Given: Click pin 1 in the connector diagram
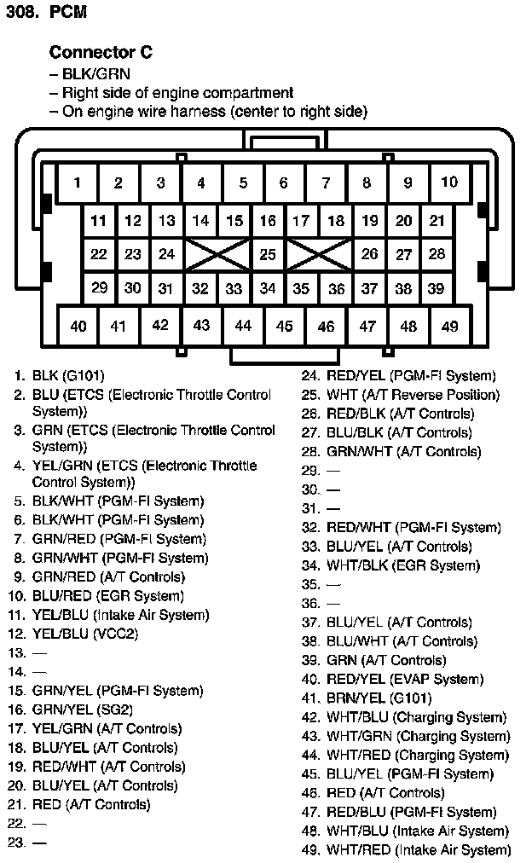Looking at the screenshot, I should coord(77,182).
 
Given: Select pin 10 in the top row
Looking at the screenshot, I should coord(449,182).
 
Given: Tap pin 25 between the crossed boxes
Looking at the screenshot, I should coord(268,253).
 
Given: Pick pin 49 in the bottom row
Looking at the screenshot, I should coord(449,326).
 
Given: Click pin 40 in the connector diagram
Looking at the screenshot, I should coord(78,326).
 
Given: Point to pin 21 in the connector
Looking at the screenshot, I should coord(437,221).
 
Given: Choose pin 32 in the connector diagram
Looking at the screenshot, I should coord(200,288).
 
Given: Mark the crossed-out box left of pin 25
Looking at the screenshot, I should coord(217,253).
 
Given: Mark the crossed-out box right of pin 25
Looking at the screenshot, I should coord(318,253).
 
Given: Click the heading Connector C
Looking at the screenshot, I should coord(101,52).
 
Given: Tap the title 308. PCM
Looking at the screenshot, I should coord(46,13).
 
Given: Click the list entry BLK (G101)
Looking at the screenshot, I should coord(68,375).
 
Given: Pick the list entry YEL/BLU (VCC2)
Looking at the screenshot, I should coord(84,634).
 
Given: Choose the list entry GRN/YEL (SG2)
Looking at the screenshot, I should coord(82,710).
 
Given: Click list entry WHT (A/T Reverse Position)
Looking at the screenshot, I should coord(413,395).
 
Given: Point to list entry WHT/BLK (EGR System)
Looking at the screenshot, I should coord(402,565).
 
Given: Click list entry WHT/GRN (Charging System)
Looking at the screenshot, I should coord(418,736).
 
